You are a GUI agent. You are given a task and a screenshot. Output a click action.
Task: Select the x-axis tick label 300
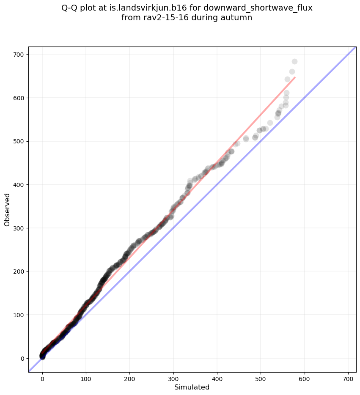(129, 377)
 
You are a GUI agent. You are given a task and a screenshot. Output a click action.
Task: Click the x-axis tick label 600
(261, 377)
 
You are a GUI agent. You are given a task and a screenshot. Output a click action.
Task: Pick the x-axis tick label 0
(42, 377)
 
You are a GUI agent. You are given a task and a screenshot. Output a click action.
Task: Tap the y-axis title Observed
(7, 210)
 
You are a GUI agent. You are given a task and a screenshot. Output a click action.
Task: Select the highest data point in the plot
(294, 62)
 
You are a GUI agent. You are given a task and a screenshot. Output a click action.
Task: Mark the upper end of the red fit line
(295, 77)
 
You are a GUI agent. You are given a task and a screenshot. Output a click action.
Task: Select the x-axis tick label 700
(305, 377)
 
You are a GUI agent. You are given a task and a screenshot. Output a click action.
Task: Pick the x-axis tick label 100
(86, 377)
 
